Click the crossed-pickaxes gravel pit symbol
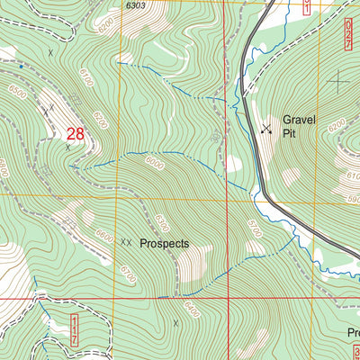coord(265,129)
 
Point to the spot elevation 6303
coord(136,5)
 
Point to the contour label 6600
coord(103,236)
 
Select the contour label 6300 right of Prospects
coord(162,221)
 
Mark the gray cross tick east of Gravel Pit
coord(338,82)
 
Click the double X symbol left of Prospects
coord(126,243)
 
